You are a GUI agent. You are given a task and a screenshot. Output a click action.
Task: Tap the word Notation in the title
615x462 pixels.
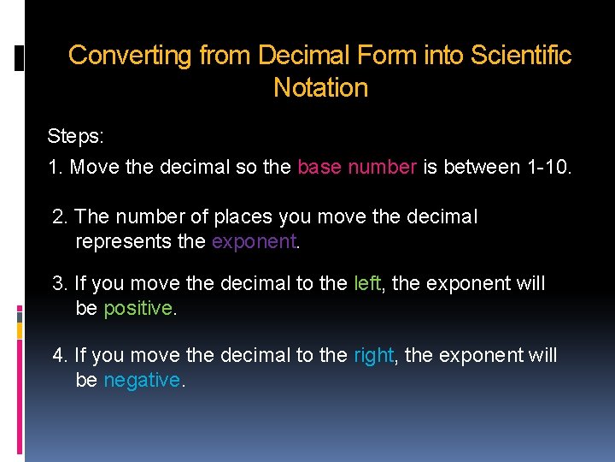[x=320, y=87]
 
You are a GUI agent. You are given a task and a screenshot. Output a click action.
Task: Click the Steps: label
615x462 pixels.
[x=74, y=137]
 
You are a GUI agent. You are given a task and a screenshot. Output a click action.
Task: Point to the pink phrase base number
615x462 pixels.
[x=356, y=167]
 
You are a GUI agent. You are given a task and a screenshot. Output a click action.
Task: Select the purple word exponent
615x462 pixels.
[x=253, y=241]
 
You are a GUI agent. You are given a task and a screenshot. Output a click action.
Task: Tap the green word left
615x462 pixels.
[x=367, y=283]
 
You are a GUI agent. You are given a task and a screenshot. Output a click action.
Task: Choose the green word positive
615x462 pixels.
[x=138, y=308]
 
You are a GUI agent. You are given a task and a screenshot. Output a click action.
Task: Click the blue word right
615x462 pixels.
[x=373, y=354]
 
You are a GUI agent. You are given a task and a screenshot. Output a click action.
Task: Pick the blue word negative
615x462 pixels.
[x=142, y=379]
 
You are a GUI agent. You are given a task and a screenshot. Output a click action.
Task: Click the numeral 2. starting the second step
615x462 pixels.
[x=60, y=217]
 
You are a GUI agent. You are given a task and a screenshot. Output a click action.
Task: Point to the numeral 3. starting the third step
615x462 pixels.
[x=60, y=283]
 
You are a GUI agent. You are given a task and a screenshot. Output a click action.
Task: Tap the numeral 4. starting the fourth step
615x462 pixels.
[x=60, y=354]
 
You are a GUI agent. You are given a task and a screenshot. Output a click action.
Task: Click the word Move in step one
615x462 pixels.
[x=95, y=167]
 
